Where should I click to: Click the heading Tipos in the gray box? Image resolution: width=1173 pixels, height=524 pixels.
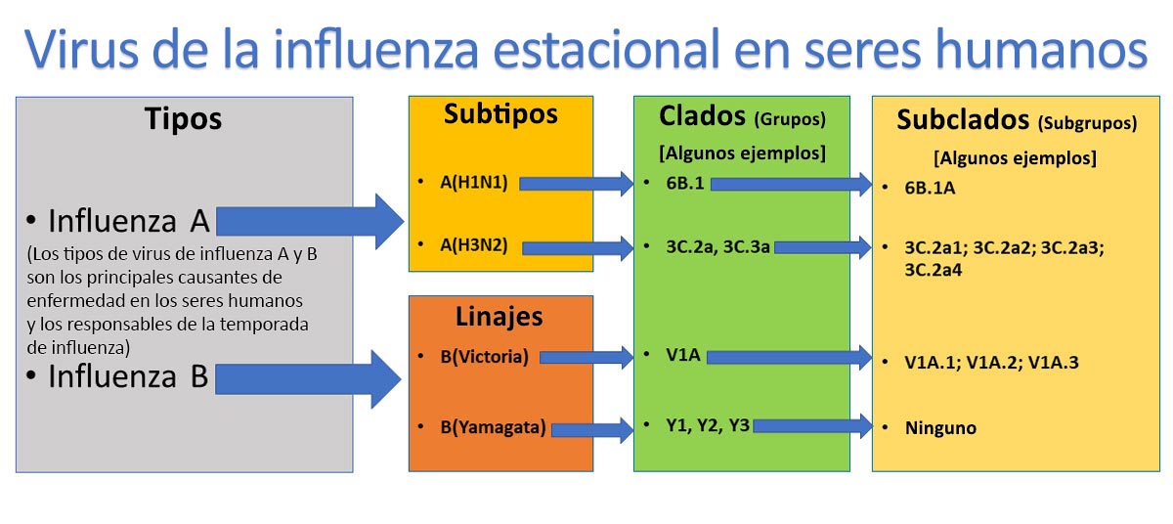(184, 119)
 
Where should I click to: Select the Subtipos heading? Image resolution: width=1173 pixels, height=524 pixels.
(500, 114)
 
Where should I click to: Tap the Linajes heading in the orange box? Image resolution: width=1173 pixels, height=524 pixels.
(500, 317)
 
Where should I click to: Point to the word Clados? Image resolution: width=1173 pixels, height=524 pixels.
(702, 116)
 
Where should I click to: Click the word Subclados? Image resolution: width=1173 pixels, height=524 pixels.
(963, 120)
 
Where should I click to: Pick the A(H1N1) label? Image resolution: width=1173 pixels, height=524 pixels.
(474, 183)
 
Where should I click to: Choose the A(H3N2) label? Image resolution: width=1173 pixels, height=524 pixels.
(474, 245)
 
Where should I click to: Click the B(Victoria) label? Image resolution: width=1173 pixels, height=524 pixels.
(485, 357)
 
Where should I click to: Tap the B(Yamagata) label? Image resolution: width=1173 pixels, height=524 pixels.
(493, 427)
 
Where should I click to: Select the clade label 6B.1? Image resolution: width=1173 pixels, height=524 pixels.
(685, 183)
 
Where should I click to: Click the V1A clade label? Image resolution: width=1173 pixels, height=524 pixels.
(683, 355)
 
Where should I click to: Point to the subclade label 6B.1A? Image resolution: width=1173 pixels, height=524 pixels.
(930, 188)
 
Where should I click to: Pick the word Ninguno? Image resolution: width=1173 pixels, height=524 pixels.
(940, 428)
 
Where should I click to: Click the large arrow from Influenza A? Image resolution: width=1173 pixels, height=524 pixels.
(310, 222)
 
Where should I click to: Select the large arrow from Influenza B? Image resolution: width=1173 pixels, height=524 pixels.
(309, 379)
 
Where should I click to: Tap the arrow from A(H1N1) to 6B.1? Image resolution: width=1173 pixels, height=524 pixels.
(576, 184)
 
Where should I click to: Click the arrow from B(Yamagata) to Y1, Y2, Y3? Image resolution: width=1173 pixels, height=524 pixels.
(592, 430)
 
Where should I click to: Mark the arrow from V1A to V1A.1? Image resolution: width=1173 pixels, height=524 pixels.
(789, 358)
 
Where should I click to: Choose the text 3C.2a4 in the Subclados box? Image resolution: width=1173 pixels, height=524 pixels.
(934, 270)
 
